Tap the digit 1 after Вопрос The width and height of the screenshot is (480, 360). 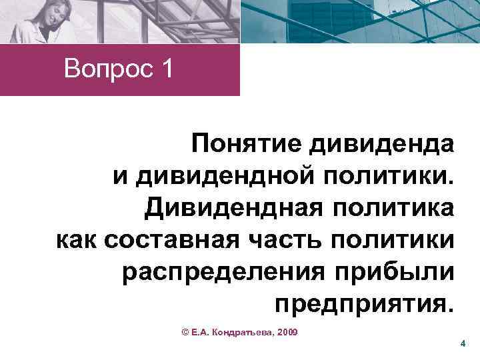(165, 69)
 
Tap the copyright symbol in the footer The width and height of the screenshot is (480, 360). (185, 331)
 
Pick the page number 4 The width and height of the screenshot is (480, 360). (462, 343)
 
